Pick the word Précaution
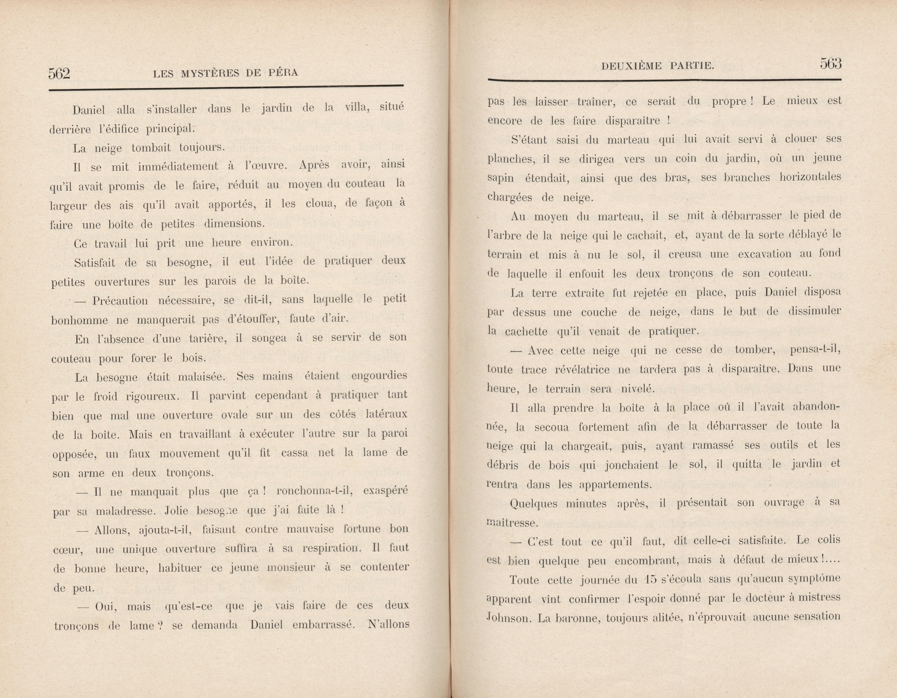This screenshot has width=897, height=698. point(120,301)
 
